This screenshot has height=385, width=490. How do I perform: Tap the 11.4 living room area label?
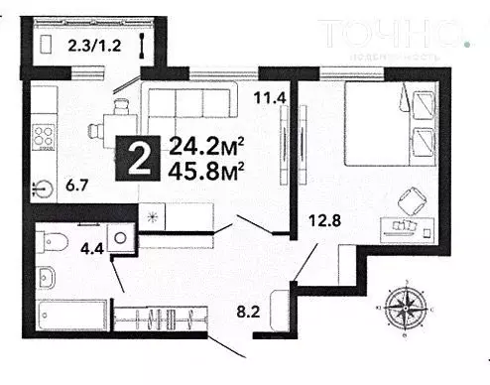click(x=269, y=97)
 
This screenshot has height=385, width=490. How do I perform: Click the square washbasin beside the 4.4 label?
click(x=120, y=239)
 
